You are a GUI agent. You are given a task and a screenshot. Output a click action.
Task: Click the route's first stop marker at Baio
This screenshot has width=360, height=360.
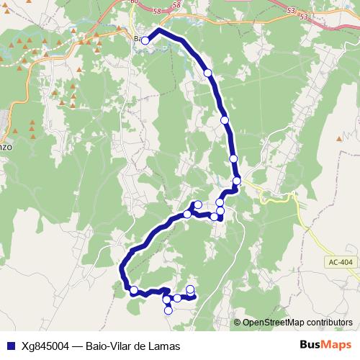(145, 40)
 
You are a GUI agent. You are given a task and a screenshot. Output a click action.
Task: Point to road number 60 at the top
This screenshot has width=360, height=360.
(133, 2)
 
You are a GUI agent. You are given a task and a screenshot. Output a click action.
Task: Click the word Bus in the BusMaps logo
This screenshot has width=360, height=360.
(310, 345)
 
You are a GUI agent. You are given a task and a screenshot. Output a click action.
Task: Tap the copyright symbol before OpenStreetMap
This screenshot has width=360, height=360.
(238, 323)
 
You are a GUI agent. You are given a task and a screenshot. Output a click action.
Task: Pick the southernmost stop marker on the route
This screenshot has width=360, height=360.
(168, 310)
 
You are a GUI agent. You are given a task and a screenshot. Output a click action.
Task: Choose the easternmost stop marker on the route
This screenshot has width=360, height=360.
(237, 180)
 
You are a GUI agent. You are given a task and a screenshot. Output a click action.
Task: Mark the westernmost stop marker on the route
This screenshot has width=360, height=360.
(134, 290)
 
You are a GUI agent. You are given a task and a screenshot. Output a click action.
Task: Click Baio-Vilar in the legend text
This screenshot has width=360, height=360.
(109, 346)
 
